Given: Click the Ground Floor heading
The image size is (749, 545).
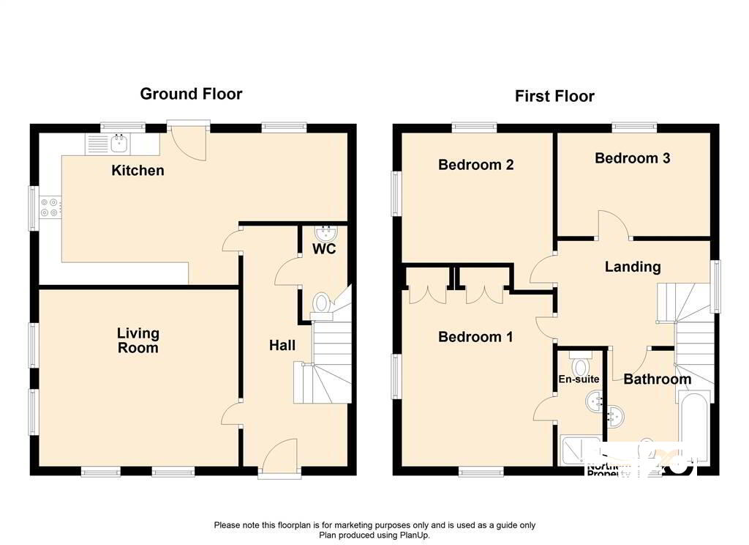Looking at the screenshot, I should [191, 94].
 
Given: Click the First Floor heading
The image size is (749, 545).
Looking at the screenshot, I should [554, 96].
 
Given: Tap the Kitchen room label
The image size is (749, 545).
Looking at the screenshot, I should [138, 171].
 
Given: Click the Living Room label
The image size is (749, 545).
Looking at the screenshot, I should [138, 341].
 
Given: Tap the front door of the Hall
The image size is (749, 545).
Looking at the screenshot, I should [279, 456].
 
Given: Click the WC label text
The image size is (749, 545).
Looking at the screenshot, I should [324, 249].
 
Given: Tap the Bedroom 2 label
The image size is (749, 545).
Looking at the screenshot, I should [475, 165].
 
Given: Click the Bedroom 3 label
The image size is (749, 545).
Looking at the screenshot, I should [632, 158].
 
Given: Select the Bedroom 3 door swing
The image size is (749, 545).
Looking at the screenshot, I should [613, 224].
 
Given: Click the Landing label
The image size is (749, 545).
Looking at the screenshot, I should [632, 267].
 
